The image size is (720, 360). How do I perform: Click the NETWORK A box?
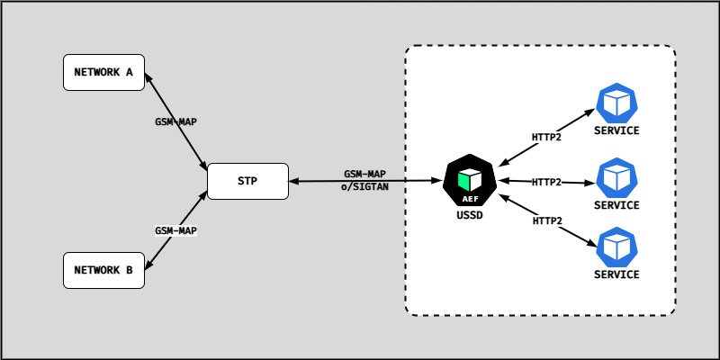coord(103,72)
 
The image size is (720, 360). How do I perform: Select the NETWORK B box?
coord(103,270)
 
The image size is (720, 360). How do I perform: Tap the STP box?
coord(247,181)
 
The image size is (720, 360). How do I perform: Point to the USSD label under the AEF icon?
coord(470,216)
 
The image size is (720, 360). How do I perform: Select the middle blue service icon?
coord(616,176)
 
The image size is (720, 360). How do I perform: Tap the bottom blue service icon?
coord(616,247)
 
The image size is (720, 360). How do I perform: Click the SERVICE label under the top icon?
coord(616,130)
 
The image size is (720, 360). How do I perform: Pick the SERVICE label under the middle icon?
coord(616,205)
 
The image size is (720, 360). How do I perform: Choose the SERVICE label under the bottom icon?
coord(616,274)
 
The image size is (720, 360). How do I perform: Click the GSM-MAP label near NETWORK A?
coord(175,121)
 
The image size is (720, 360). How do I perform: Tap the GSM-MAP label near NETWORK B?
coord(175,230)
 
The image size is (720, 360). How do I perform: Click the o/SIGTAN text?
coord(365,186)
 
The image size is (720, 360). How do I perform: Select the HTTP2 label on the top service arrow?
coord(547,138)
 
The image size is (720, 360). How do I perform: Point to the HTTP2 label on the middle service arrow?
coord(546,182)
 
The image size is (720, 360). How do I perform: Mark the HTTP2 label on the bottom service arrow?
coord(547,220)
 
